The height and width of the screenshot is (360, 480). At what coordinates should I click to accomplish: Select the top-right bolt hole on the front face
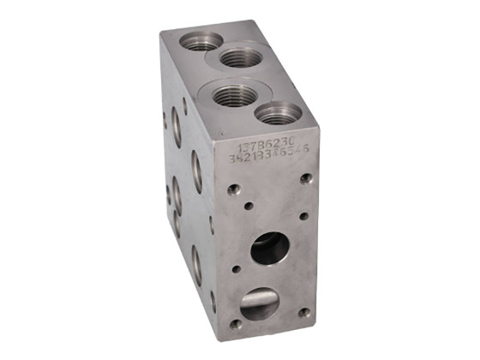306,178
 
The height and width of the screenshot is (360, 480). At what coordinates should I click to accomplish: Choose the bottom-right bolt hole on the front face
304,313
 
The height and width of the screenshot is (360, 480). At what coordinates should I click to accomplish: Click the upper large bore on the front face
269,249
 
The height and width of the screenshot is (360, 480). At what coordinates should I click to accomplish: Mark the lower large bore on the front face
259,303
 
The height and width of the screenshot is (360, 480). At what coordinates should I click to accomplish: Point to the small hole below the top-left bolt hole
247,206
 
